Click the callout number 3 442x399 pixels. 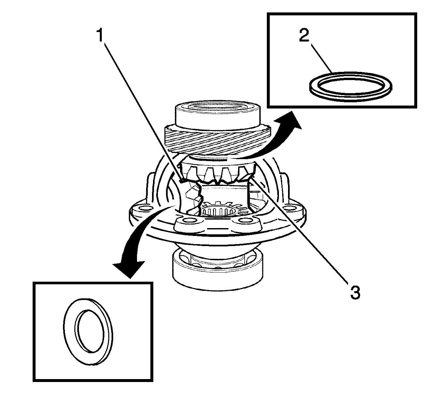pos(355,292)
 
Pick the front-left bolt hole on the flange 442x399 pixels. pos(189,223)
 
